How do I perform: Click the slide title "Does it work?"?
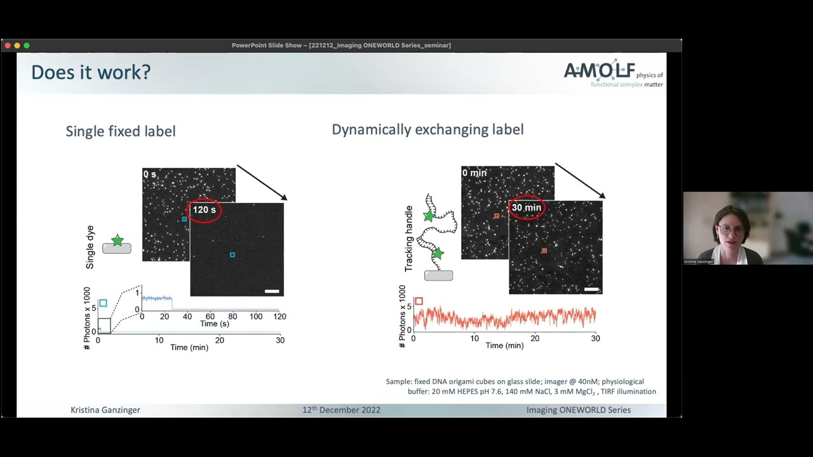(91, 72)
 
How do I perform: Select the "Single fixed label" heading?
(121, 131)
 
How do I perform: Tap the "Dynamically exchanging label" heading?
(427, 129)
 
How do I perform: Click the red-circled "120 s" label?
(204, 210)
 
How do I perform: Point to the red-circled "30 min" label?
(527, 208)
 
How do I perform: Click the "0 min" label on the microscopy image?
(474, 173)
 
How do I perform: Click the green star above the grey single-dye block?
(118, 240)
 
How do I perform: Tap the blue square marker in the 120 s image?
(232, 255)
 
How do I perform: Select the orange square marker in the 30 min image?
(544, 251)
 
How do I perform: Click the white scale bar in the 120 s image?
(272, 291)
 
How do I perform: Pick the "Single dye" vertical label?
(90, 247)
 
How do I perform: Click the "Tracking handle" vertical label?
(409, 239)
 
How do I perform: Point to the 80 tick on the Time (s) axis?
(232, 316)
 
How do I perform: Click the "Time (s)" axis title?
(215, 324)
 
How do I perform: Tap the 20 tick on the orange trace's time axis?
(535, 338)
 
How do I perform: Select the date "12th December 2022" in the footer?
(341, 410)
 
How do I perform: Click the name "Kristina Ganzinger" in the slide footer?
(105, 410)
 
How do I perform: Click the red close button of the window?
(8, 46)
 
